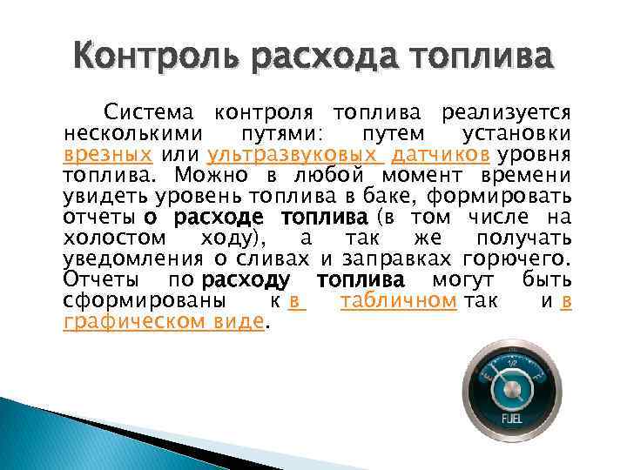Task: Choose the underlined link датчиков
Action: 440,155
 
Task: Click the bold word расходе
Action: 212,218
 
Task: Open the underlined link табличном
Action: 399,301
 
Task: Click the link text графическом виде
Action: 164,322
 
